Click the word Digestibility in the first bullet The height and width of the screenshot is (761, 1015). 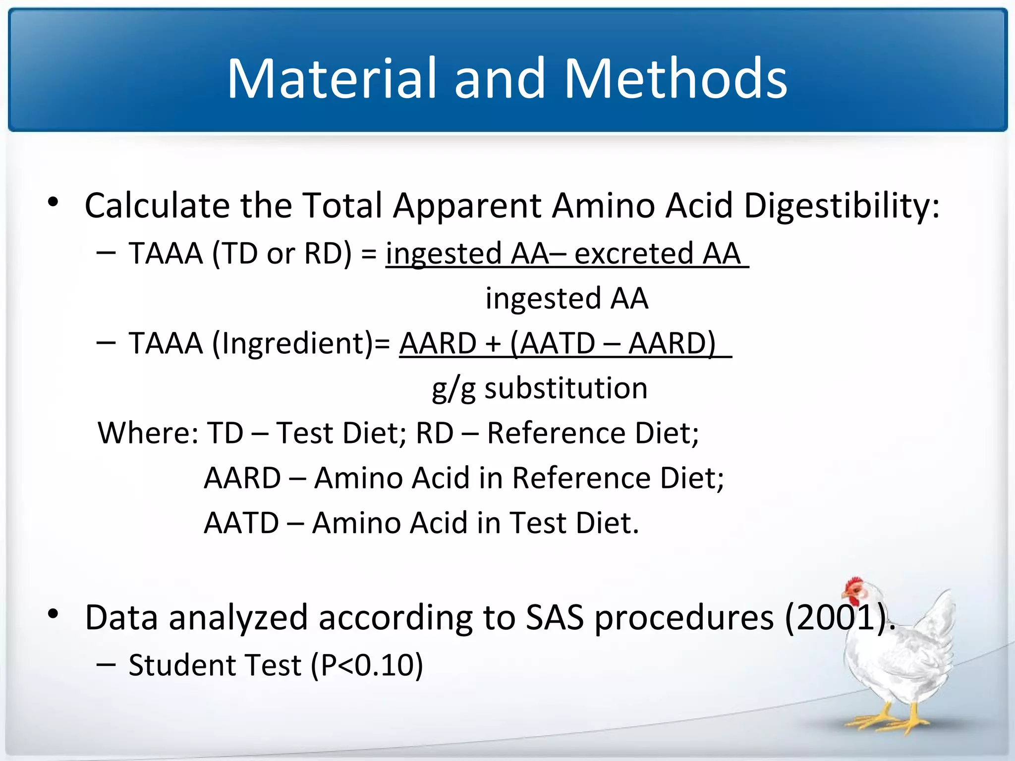[x=842, y=205]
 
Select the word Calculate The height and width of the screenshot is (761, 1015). [x=157, y=205]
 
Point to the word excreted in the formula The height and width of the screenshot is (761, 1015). [x=633, y=254]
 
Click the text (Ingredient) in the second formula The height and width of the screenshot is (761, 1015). [x=293, y=343]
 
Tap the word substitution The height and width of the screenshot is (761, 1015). [x=566, y=388]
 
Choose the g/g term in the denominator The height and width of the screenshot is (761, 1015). [x=453, y=389]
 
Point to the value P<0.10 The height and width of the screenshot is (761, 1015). [x=368, y=665]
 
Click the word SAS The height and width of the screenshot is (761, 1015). [x=555, y=618]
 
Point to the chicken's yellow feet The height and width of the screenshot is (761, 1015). [x=892, y=721]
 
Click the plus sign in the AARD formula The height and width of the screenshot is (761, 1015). [x=493, y=343]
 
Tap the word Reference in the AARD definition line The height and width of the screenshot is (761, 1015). [x=581, y=478]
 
